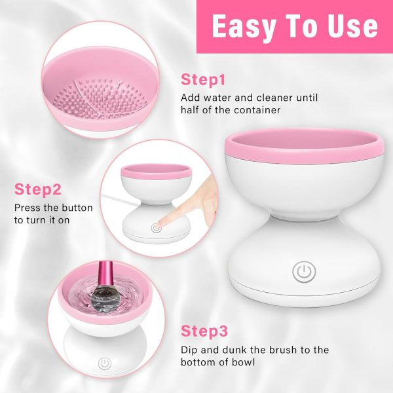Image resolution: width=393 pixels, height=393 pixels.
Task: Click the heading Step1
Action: tap(203, 81)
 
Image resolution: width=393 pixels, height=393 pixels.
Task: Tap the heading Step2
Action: tap(38, 190)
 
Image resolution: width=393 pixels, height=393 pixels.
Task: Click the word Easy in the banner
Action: tap(246, 26)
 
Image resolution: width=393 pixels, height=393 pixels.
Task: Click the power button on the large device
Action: tap(302, 272)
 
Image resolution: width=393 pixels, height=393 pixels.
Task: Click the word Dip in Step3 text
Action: tap(189, 349)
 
